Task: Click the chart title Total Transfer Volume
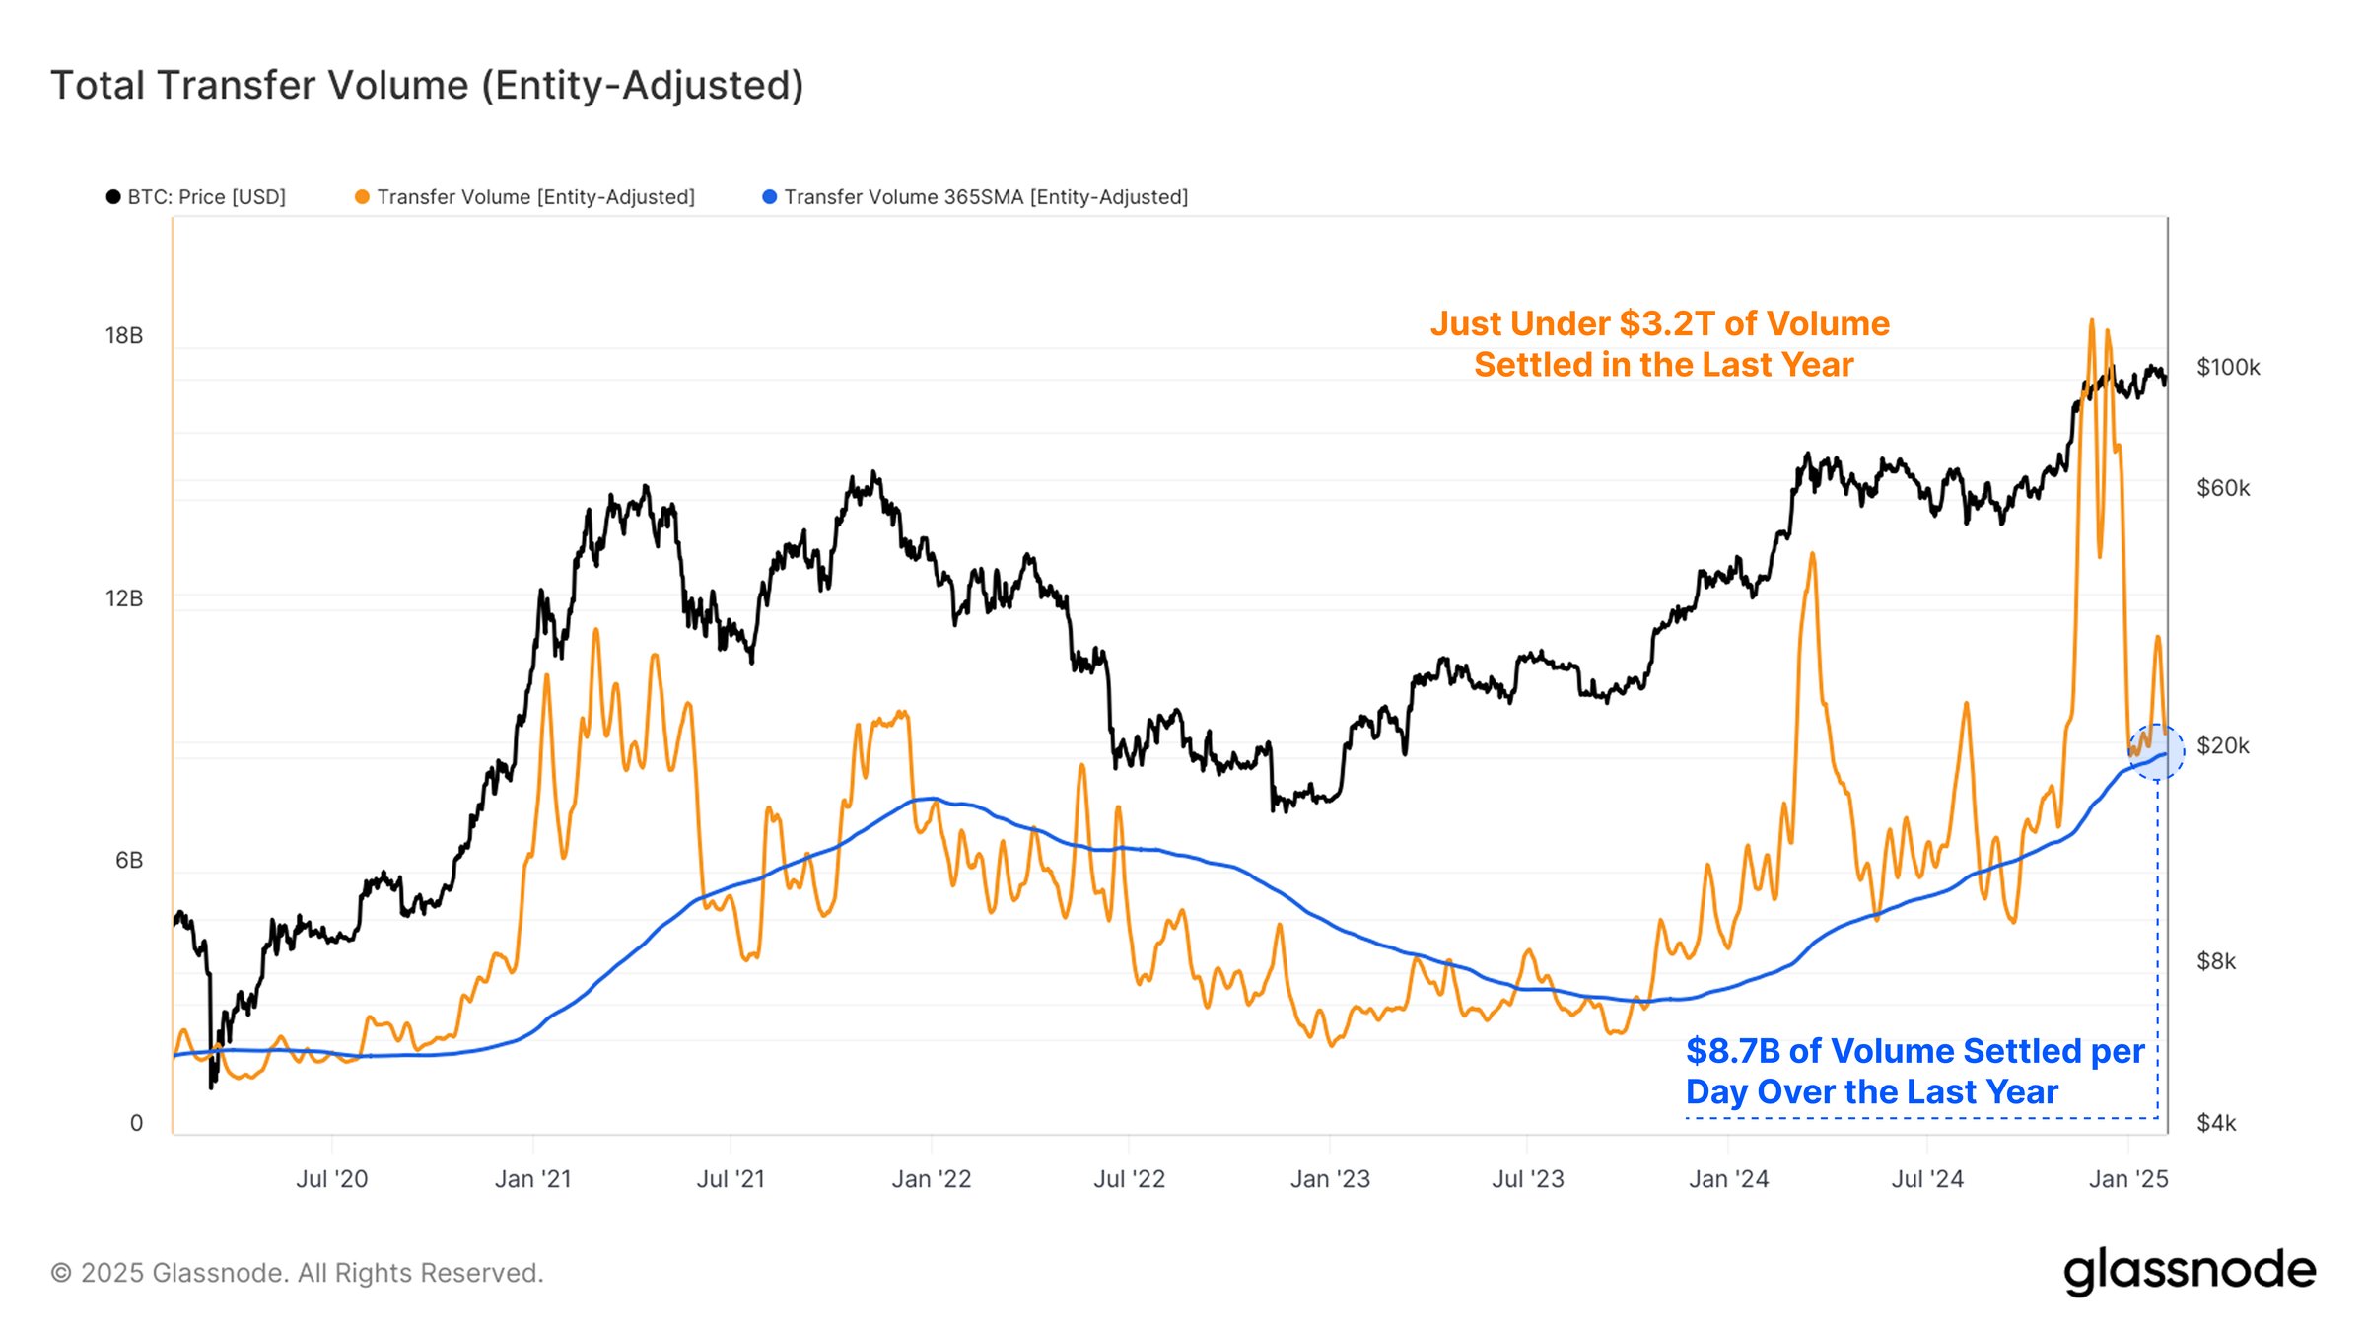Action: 427,86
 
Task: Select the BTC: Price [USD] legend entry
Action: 196,197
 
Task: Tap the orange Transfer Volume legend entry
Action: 525,197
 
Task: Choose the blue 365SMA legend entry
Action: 976,197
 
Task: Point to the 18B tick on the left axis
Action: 124,336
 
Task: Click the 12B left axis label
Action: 124,598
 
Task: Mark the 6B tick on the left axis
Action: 129,861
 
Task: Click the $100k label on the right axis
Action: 2228,368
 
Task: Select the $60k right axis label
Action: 2223,488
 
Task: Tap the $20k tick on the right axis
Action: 2223,745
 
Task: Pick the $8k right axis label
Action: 2216,961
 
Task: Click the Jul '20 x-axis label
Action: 332,1179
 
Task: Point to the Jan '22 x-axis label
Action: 932,1179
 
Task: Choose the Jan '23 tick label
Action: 1330,1179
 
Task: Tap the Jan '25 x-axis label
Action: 2128,1179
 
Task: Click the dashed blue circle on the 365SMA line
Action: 2157,752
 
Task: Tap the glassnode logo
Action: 2190,1272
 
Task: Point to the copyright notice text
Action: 297,1273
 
